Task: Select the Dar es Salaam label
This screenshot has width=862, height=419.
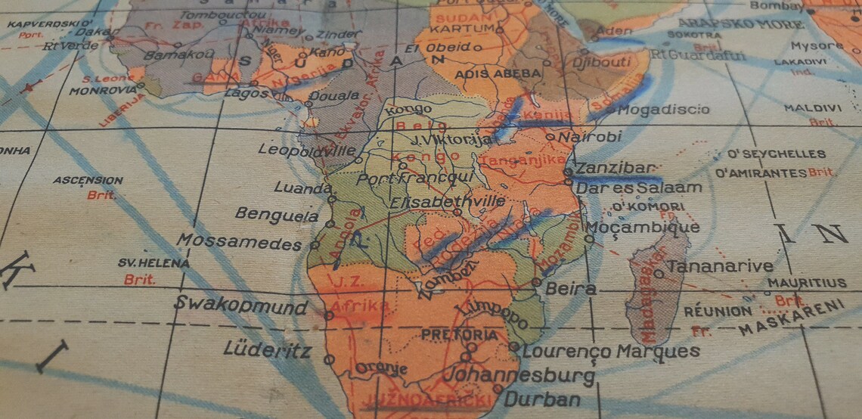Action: click(628, 187)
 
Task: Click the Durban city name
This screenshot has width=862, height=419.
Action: click(542, 399)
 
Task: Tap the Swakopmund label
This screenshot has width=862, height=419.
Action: click(241, 306)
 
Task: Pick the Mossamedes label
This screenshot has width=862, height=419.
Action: click(240, 242)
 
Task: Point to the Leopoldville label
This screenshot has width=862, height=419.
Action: click(307, 150)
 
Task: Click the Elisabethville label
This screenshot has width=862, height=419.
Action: click(448, 202)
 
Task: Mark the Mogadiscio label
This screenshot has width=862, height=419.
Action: click(664, 110)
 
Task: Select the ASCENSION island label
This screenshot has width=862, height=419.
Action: click(88, 181)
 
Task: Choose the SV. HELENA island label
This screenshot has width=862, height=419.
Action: click(143, 263)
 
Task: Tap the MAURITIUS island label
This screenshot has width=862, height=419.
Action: click(807, 284)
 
